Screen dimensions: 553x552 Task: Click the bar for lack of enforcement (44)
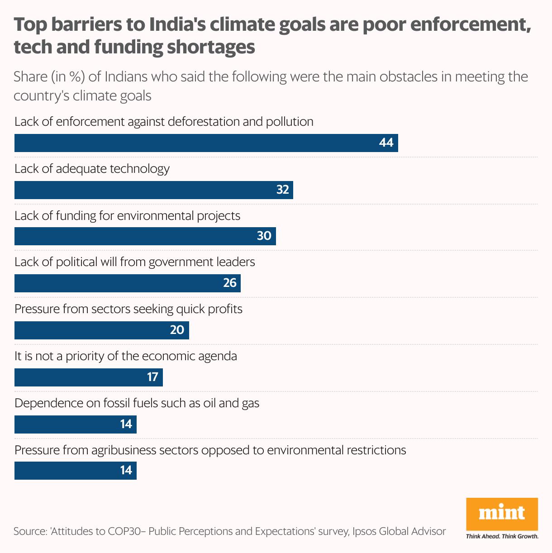point(206,143)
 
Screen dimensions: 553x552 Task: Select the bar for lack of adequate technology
point(154,190)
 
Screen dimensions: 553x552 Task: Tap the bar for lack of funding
point(145,236)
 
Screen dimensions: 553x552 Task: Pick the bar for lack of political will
point(128,283)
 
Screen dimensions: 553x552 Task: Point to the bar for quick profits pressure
point(102,330)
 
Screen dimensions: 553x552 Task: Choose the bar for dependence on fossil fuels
point(75,424)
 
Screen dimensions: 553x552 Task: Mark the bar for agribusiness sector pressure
point(75,471)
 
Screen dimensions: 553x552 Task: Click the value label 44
point(386,143)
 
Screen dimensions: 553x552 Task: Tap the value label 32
point(282,190)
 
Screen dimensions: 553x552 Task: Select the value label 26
point(230,283)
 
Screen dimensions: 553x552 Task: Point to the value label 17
point(152,377)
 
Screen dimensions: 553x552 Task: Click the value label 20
point(177,330)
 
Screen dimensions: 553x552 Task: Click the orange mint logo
point(502,513)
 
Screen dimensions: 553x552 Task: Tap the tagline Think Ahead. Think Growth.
point(502,537)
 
